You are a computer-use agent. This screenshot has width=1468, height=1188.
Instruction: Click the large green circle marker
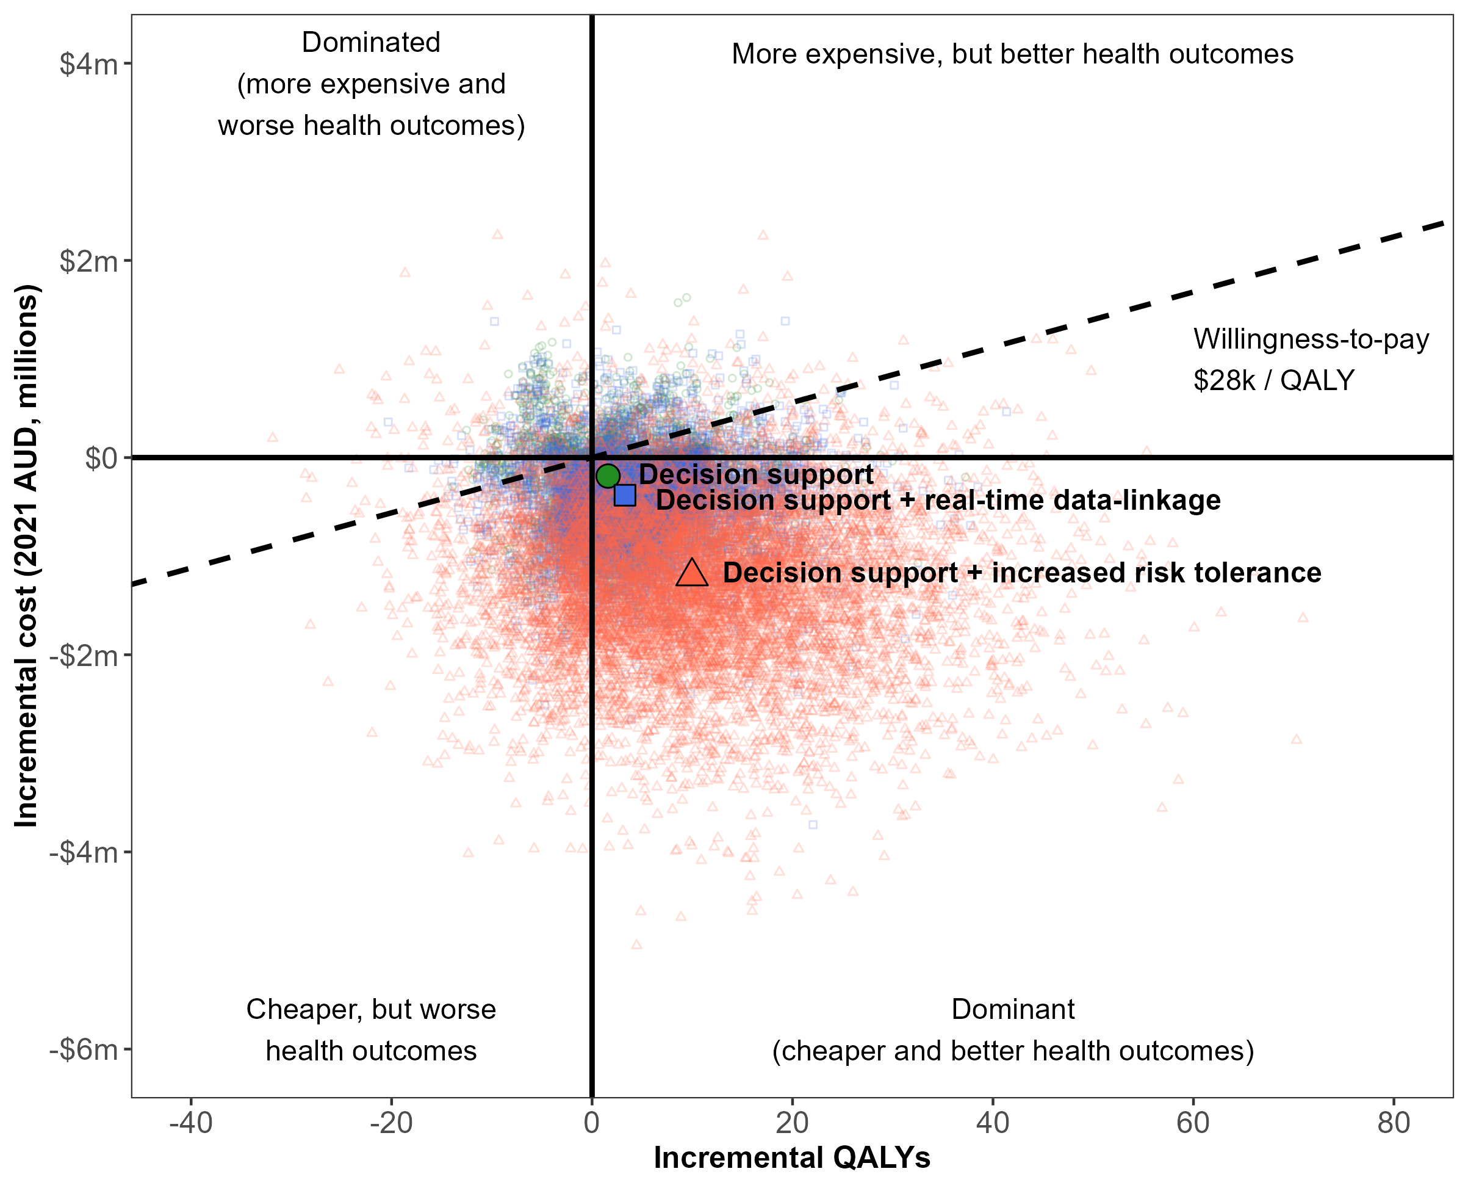click(x=608, y=476)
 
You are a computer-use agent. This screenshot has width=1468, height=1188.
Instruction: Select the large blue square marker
click(x=625, y=494)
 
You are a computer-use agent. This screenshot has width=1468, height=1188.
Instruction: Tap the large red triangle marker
click(x=691, y=573)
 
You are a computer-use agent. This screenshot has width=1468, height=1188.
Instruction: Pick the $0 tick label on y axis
click(x=101, y=458)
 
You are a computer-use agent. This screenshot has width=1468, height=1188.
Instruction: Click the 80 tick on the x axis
click(x=1394, y=1123)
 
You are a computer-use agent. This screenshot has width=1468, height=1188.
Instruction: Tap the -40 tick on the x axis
click(x=190, y=1123)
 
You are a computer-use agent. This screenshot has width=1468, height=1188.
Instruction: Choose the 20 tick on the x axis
click(x=792, y=1123)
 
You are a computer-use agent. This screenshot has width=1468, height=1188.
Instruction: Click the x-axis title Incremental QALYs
click(x=792, y=1158)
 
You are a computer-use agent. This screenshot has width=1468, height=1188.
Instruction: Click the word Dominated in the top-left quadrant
click(x=371, y=43)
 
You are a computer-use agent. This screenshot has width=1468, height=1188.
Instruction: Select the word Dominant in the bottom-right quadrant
click(x=1013, y=1009)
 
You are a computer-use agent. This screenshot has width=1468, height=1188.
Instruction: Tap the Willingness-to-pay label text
click(x=1311, y=339)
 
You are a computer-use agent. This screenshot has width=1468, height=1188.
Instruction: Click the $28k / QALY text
click(x=1274, y=380)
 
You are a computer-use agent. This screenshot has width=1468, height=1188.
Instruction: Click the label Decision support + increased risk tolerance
click(x=1022, y=573)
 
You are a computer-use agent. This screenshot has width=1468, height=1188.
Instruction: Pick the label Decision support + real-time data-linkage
click(x=938, y=500)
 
